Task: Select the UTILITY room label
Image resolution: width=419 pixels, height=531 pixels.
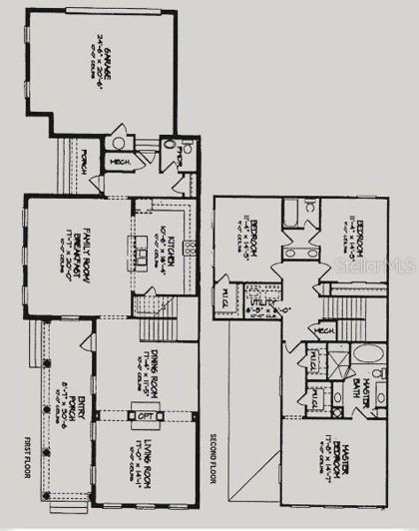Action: coord(289,310)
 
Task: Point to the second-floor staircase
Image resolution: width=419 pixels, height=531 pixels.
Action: coord(348,299)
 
